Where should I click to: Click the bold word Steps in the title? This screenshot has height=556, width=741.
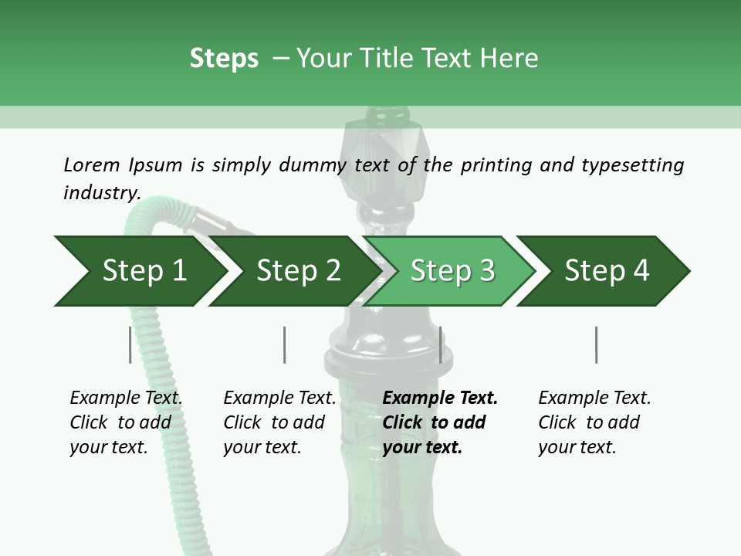coord(224,59)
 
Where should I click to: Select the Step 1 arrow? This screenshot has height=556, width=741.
coord(140,271)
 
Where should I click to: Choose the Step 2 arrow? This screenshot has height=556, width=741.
coord(296,271)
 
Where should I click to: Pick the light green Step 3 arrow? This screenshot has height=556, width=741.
coord(449,271)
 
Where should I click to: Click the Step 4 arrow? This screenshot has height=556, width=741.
coord(604,271)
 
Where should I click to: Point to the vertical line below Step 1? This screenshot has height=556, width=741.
coord(130,344)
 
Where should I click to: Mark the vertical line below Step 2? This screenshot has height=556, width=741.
coord(285,344)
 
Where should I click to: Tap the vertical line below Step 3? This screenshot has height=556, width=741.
coord(441,344)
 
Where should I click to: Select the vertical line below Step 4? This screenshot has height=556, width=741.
coord(597,344)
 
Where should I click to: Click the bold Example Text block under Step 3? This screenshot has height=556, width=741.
coord(440,422)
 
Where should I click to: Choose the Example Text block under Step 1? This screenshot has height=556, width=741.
coord(126,422)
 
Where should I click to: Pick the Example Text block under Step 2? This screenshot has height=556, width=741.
coord(279,422)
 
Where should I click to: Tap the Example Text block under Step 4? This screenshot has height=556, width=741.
coord(594,422)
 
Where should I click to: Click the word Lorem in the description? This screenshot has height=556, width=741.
coord(92,165)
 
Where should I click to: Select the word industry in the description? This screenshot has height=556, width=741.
coord(102,192)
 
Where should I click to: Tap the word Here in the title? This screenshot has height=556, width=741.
coord(509,58)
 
